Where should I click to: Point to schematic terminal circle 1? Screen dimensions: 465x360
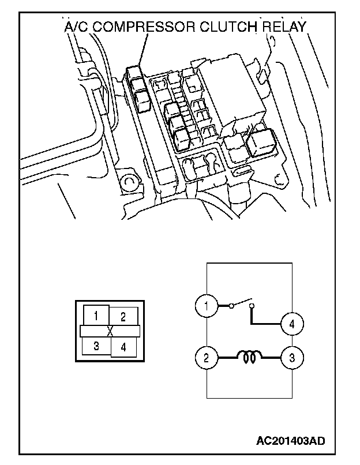(205, 305)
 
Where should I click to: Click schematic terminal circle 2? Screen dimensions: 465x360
(205, 358)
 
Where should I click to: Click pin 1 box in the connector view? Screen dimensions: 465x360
(96, 315)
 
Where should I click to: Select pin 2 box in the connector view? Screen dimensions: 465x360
(123, 316)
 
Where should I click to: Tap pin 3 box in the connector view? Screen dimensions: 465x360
(96, 346)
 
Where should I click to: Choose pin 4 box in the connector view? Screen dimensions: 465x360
(123, 347)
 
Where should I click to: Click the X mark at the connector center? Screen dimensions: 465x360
(110, 331)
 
